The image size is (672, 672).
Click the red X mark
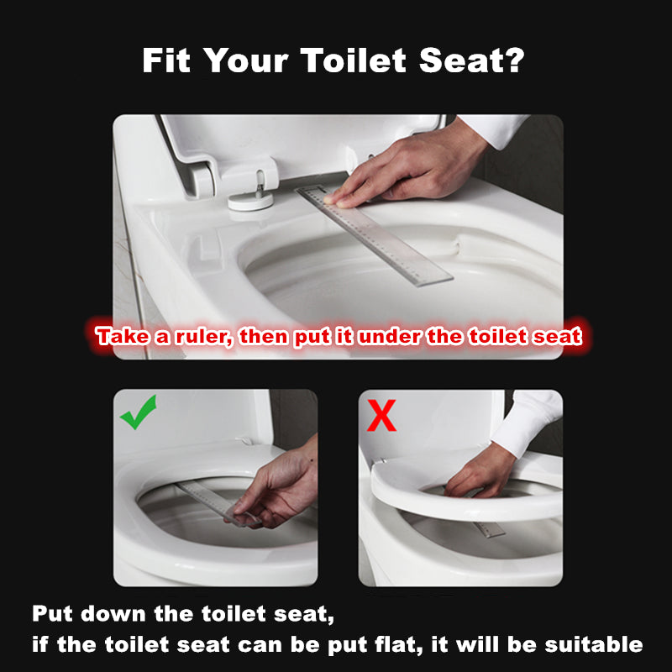[x=382, y=416]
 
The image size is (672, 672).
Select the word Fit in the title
[x=168, y=60]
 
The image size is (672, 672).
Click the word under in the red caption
[x=399, y=338]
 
